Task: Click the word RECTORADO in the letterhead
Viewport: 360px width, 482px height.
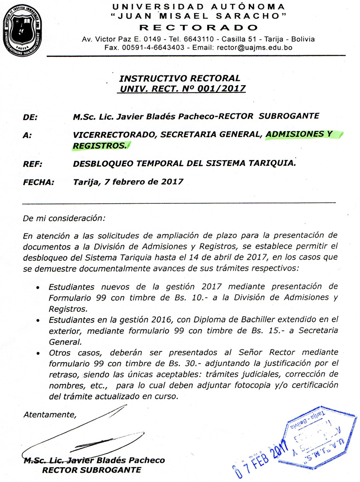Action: pyautogui.click(x=198, y=28)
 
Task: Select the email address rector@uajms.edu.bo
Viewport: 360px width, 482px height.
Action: pyautogui.click(x=254, y=47)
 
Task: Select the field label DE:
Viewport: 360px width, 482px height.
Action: pyautogui.click(x=30, y=117)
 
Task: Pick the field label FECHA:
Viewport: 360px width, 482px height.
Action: pyautogui.click(x=38, y=182)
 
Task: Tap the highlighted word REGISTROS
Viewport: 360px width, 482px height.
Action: pyautogui.click(x=98, y=146)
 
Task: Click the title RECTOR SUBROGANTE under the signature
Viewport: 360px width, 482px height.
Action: pyautogui.click(x=92, y=470)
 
